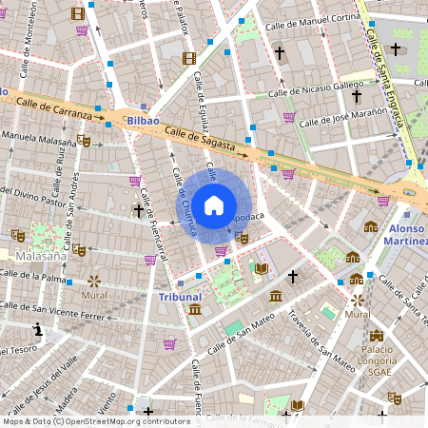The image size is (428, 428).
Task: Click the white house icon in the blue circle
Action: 214,205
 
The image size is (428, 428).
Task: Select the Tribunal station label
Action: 180,297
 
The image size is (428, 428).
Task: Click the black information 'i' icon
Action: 37,329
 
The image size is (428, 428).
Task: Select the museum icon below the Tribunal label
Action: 194,310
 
